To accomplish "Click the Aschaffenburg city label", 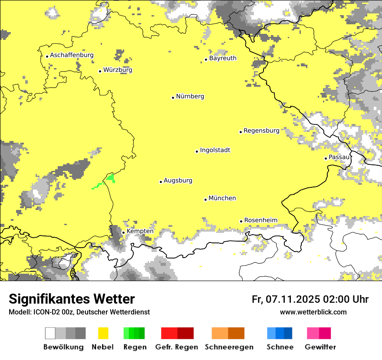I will point(72,56).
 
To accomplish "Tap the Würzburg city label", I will point(118,70).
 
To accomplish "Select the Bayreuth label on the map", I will point(223,58).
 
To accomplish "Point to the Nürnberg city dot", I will point(173,98).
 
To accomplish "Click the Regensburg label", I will point(261,131).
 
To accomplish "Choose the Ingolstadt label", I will point(215,151).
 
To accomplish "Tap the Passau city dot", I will point(326,158).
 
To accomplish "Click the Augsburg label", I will point(178,181).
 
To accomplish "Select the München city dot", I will point(205,200).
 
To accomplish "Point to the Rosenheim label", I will point(260,220).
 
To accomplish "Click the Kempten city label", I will point(140,231).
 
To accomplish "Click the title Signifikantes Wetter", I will point(72,299).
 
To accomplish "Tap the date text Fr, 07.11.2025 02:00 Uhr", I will point(310,299).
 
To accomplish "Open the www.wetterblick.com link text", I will point(313,312).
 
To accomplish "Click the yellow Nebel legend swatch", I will point(103,333).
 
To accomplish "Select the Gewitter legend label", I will point(320,347).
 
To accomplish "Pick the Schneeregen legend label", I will point(229,347).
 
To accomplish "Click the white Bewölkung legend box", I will point(50,333).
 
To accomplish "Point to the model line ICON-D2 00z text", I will point(79,312).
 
